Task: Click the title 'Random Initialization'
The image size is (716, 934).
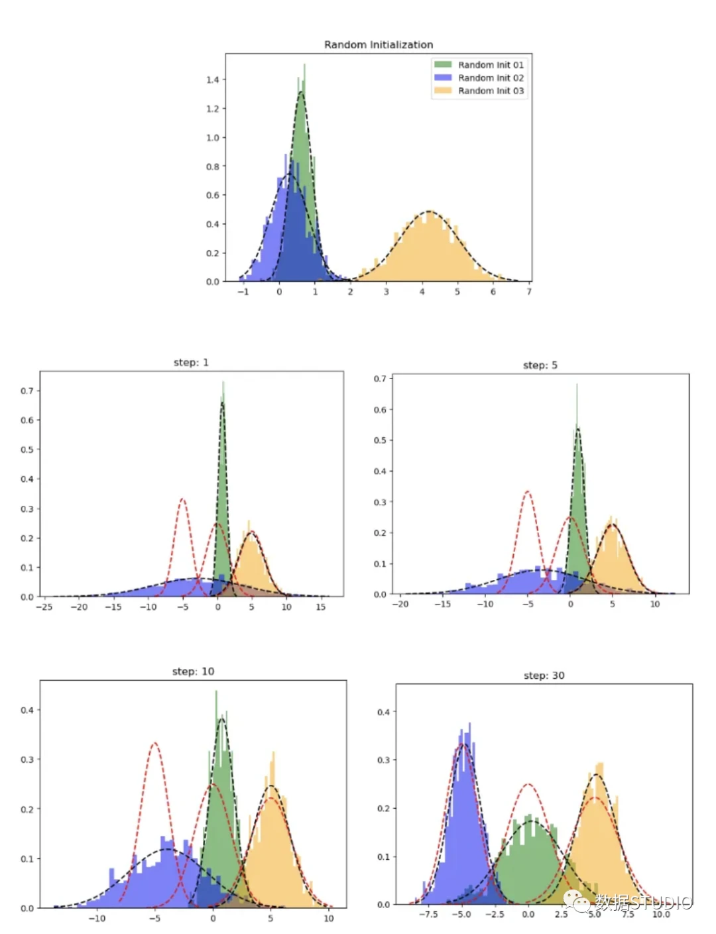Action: click(x=379, y=44)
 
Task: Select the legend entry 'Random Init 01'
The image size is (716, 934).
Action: click(x=490, y=65)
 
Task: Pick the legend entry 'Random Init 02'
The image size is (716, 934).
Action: click(x=490, y=78)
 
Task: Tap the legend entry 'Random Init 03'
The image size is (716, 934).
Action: click(x=490, y=91)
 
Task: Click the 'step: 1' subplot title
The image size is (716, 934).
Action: click(x=191, y=363)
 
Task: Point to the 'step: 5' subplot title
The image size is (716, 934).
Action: click(x=540, y=365)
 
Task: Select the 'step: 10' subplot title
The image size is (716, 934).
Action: click(x=193, y=671)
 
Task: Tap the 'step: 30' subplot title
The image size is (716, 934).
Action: click(x=544, y=675)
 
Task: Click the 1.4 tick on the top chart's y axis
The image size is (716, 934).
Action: click(x=212, y=80)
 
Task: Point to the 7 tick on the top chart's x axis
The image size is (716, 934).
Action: click(x=528, y=292)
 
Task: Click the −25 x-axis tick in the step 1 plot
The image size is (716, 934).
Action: click(x=44, y=607)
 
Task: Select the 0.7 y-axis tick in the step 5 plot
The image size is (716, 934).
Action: click(x=379, y=379)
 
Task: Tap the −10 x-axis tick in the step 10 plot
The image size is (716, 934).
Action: click(x=97, y=919)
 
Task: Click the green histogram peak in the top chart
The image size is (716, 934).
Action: click(x=304, y=65)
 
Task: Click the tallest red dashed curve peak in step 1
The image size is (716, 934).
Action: click(x=182, y=498)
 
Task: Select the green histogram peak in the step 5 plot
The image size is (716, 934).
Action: click(x=577, y=384)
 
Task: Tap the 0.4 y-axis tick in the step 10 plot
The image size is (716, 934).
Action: click(x=27, y=710)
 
